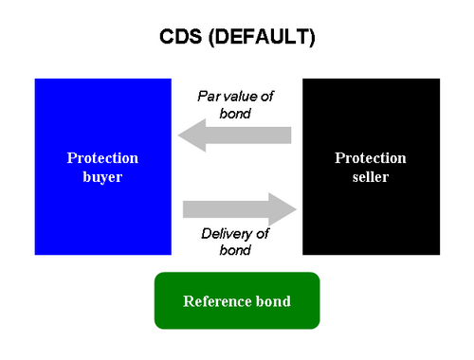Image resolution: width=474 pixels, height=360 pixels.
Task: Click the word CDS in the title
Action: [x=180, y=37]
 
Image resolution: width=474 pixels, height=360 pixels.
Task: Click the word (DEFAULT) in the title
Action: [x=262, y=37]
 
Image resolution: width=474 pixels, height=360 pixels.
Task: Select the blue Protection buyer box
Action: [x=103, y=167]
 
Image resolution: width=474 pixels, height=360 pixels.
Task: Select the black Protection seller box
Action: [x=371, y=167]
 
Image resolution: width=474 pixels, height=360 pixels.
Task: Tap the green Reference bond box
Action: [x=237, y=300]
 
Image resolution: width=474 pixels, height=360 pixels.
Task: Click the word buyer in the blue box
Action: [x=102, y=177]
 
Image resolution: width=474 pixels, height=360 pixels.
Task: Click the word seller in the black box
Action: [x=371, y=177]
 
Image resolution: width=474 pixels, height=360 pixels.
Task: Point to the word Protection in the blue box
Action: [x=102, y=158]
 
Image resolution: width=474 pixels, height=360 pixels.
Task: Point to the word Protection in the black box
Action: [x=371, y=158]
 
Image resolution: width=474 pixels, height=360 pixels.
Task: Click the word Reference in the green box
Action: [x=217, y=301]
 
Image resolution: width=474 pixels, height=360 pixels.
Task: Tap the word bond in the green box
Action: [x=273, y=301]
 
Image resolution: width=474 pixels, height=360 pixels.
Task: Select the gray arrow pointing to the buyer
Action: [x=234, y=135]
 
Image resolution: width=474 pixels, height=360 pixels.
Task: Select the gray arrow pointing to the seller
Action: [x=240, y=209]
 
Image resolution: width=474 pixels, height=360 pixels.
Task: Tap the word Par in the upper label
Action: [x=209, y=97]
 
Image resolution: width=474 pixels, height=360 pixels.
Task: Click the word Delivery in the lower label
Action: [x=227, y=234]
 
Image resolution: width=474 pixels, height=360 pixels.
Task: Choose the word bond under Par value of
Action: [x=235, y=114]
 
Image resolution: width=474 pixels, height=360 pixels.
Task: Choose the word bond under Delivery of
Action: [x=235, y=250]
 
